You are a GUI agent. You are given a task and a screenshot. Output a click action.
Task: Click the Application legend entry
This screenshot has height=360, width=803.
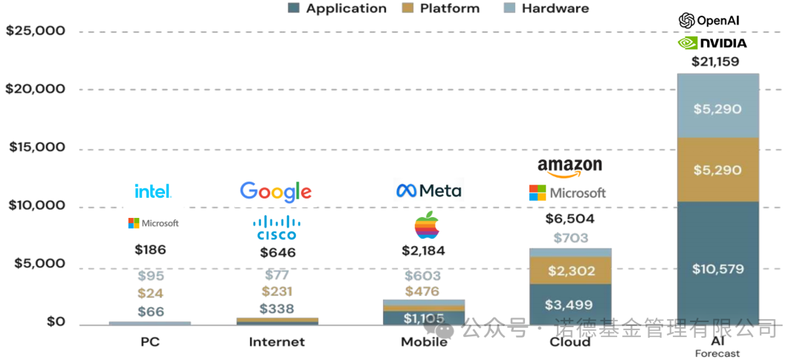pyautogui.click(x=338, y=9)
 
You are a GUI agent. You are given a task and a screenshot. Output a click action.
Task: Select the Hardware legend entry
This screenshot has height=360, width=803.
pyautogui.click(x=546, y=9)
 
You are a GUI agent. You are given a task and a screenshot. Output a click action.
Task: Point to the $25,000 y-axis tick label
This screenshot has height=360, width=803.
pyautogui.click(x=35, y=31)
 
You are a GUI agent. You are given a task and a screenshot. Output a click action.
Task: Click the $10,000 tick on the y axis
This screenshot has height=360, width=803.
pyautogui.click(x=35, y=206)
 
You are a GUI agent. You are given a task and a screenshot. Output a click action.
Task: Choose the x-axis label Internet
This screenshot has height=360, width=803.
pyautogui.click(x=277, y=342)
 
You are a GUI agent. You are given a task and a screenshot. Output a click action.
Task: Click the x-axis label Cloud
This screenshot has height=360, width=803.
pyautogui.click(x=570, y=342)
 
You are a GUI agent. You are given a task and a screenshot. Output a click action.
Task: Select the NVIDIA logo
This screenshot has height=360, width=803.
pyautogui.click(x=712, y=43)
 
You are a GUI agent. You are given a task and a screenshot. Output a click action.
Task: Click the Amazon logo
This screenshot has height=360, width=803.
pyautogui.click(x=570, y=167)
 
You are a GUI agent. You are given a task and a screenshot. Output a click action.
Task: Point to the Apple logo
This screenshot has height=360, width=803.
pyautogui.click(x=427, y=225)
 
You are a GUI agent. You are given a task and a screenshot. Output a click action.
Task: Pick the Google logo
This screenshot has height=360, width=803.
pyautogui.click(x=276, y=192)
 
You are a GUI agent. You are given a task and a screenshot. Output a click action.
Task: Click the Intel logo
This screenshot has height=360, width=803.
pyautogui.click(x=153, y=191)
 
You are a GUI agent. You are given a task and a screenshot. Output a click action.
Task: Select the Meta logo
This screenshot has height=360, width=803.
pyautogui.click(x=428, y=190)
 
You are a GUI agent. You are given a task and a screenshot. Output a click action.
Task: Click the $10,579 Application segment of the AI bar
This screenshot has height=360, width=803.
pyautogui.click(x=718, y=269)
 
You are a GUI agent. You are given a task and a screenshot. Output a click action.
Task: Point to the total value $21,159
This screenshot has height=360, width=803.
pyautogui.click(x=715, y=62)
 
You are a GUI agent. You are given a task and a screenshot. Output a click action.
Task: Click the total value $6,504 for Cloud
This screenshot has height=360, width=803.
pyautogui.click(x=570, y=219)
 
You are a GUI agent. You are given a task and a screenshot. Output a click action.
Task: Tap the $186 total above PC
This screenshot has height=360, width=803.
pyautogui.click(x=150, y=250)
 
